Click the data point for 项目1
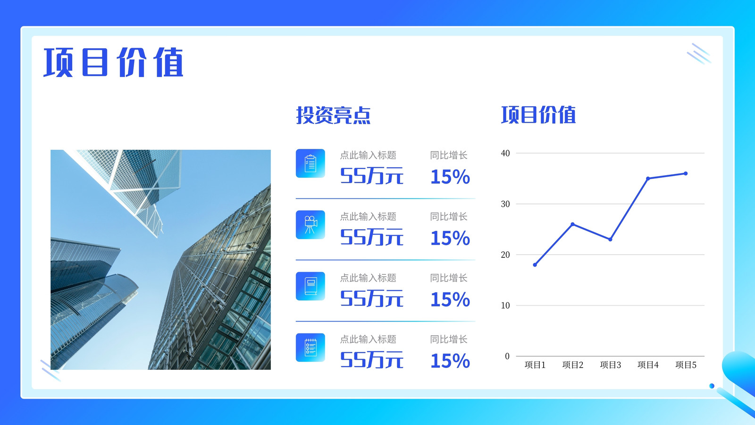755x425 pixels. coord(535,265)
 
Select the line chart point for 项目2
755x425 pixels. coord(573,224)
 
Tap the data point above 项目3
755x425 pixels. coord(611,239)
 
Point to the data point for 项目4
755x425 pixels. coord(648,178)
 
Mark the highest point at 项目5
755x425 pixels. coord(686,173)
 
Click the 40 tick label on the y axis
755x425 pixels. coord(505,153)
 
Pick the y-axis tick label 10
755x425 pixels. coord(505,305)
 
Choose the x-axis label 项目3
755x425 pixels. coord(611,365)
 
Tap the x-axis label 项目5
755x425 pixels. coord(686,365)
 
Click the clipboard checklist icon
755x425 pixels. coord(310,163)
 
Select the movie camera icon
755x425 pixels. coord(310,225)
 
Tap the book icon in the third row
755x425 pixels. coord(310,286)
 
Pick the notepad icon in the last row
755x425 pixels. coord(310,348)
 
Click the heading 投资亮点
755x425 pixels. coord(333,115)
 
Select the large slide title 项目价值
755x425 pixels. coord(113,62)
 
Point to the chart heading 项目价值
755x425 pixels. coord(538,115)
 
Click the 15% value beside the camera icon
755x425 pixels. coord(450,238)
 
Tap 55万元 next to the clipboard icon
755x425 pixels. coord(371,176)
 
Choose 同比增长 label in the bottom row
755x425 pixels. coord(449,339)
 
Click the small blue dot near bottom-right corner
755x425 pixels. coord(712,386)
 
